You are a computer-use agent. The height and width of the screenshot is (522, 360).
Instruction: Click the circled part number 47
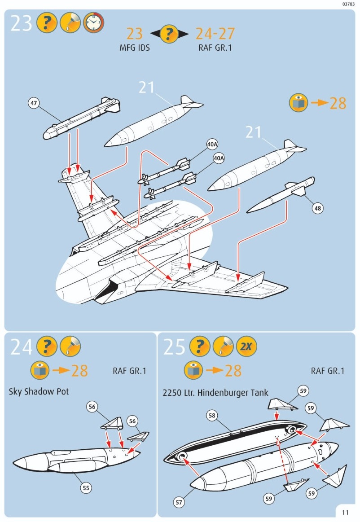pos(34,103)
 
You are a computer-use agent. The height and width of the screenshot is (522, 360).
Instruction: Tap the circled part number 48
pos(318,208)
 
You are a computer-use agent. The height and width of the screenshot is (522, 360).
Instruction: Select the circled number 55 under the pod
pos(86,487)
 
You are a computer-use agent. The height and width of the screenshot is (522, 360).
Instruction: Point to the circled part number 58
pos(212,416)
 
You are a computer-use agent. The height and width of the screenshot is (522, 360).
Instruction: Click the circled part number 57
pos(179,502)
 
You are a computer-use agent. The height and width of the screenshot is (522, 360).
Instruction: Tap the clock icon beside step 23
pos(93,22)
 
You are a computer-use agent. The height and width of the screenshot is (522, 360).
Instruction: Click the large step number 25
pos(174,347)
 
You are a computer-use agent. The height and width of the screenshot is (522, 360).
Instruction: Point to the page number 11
pos(345,512)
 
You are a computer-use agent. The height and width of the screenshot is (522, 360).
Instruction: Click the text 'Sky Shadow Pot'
pos(39,391)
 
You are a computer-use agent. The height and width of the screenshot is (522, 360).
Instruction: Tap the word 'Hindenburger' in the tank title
pos(224,393)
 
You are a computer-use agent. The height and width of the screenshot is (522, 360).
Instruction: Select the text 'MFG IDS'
pos(135,47)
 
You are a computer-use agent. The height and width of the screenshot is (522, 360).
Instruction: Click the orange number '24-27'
pos(215,33)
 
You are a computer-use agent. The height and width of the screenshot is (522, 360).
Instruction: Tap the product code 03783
pos(348,4)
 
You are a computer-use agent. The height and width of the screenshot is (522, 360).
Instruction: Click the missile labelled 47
pos(83,118)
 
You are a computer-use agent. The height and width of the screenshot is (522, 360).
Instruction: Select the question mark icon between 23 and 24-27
pos(169,34)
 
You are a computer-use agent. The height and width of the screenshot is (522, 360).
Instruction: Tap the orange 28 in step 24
pos(79,371)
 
